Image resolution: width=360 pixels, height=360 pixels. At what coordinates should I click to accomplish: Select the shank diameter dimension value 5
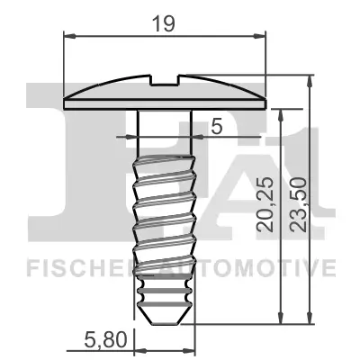pyautogui.click(x=216, y=126)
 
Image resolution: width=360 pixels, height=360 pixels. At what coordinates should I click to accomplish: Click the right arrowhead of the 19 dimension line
pyautogui.click(x=264, y=36)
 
